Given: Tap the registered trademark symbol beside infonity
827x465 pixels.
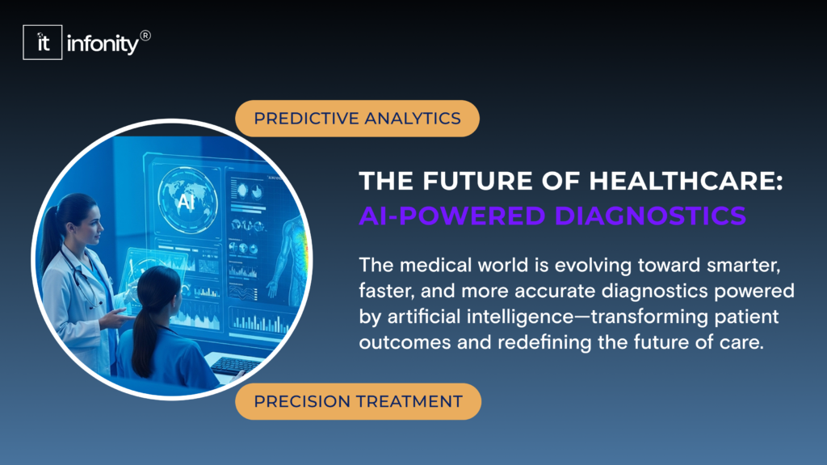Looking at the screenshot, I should [x=145, y=36].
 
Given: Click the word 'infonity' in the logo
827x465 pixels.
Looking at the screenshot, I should [x=104, y=44].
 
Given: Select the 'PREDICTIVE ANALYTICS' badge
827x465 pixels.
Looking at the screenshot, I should [x=357, y=119].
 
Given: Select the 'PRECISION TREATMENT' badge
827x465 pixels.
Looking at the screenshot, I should [x=358, y=401].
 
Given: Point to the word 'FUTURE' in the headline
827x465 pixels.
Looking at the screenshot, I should [x=460, y=182].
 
